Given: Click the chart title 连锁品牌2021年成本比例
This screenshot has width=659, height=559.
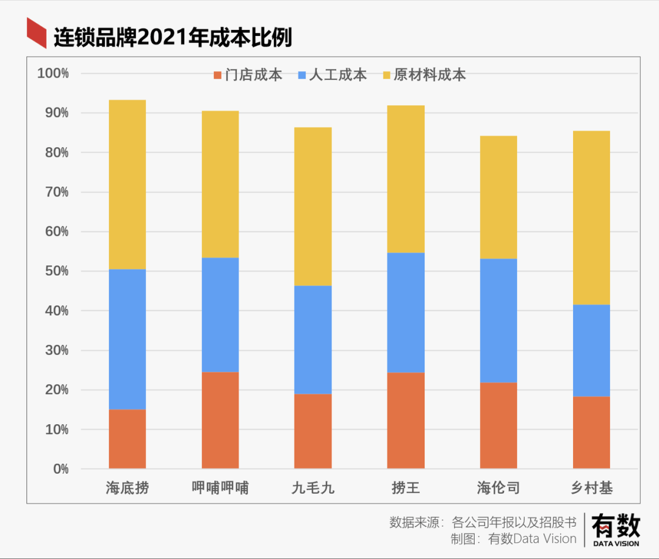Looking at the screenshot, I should pos(173,38).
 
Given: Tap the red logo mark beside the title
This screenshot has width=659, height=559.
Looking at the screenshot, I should pos(37,33).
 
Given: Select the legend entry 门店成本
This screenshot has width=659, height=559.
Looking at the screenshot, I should pos(247,75).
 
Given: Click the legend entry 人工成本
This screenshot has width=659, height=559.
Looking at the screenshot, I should pos(332,75).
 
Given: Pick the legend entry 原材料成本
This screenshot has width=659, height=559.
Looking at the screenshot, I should pos(423,75).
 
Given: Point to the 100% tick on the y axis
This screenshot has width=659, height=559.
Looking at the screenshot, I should pos(54,73).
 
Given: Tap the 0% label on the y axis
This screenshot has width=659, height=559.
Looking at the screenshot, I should pos(60,469).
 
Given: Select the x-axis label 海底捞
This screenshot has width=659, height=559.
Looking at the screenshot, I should pos(127,488).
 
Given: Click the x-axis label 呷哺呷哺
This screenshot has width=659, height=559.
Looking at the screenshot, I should pos(220,488).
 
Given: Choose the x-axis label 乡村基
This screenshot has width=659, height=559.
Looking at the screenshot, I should pos(591,488).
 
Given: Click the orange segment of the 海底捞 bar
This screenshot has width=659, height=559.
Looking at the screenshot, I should pos(127,439).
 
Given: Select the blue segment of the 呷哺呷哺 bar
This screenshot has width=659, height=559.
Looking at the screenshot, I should pos(220,315).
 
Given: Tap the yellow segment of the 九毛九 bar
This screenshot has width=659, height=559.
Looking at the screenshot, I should pos(312,206).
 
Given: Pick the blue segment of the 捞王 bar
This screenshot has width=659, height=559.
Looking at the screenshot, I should pos(406,312).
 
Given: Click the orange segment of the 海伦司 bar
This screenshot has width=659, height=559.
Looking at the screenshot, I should pos(499,426).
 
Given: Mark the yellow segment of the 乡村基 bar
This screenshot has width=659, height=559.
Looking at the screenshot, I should pos(591,218).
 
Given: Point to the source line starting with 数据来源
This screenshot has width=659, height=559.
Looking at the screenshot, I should pos(483,523).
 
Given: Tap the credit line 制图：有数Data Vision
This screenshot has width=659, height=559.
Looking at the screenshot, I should pos(513,539).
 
